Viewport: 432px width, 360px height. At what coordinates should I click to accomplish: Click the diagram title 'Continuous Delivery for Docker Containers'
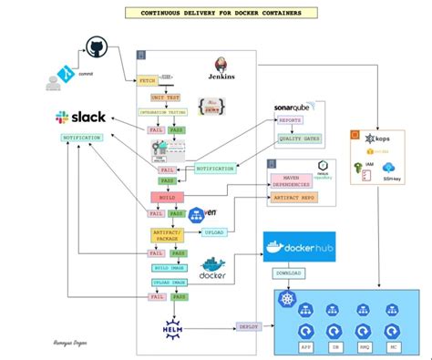216,14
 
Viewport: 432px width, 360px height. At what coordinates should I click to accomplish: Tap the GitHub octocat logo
98,50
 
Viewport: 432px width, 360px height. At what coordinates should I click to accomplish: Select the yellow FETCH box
149,82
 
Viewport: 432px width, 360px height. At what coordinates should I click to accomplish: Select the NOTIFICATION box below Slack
81,138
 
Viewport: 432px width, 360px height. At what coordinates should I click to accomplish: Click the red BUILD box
166,196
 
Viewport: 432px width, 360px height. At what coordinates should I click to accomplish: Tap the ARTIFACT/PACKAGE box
168,235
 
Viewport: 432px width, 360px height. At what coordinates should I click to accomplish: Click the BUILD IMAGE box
170,267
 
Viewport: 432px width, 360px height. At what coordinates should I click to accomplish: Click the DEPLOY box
249,325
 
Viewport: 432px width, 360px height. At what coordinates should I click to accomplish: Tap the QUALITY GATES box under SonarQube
300,139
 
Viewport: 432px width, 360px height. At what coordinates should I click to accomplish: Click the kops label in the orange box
384,139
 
